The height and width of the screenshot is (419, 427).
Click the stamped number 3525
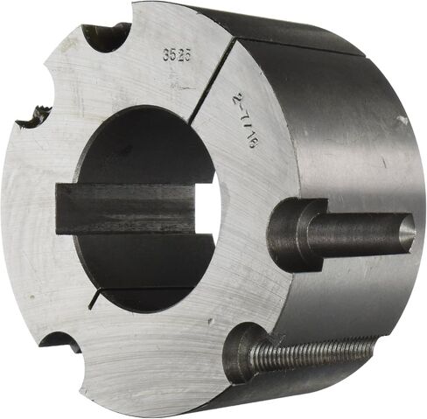click(x=177, y=54)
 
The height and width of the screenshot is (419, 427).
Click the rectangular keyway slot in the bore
click(x=125, y=208)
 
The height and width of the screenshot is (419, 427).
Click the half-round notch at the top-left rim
click(x=105, y=38)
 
